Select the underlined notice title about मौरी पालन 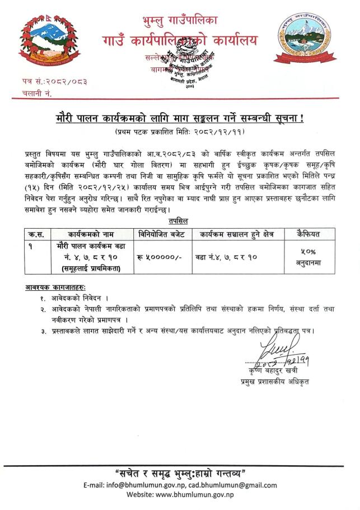click(180, 119)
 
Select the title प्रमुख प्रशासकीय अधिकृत click(271, 381)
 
